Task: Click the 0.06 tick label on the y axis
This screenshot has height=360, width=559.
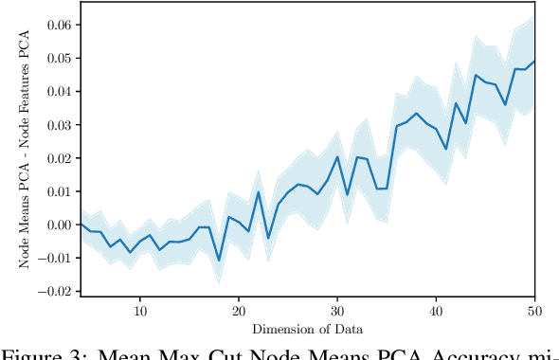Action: coord(59,25)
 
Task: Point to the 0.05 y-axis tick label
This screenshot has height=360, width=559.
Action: coord(59,58)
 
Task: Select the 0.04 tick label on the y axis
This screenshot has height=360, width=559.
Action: coord(59,91)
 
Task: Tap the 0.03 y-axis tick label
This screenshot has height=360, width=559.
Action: coord(59,124)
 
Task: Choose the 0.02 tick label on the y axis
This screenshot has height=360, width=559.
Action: coord(59,157)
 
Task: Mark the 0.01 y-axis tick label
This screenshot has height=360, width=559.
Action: coord(59,191)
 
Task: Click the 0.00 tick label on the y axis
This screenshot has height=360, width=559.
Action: coord(59,225)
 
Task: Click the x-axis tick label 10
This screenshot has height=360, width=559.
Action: coord(140,311)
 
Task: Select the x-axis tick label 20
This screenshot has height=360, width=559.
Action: coord(239,311)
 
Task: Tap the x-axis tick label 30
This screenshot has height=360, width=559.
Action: coord(337,311)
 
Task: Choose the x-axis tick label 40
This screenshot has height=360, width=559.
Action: coord(436,311)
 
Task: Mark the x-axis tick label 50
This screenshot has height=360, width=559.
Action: coord(533,311)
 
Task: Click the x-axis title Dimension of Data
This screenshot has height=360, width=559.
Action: coord(308,329)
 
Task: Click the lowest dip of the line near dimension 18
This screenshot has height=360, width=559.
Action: coord(219,261)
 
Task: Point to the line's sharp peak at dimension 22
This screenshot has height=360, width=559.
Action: coord(259,192)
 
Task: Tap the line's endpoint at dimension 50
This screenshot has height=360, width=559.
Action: coord(534,61)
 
